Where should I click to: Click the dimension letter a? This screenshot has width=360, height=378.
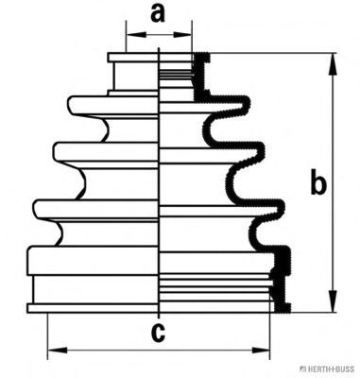pyautogui.click(x=158, y=14)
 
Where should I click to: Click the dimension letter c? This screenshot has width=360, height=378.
pyautogui.click(x=158, y=333)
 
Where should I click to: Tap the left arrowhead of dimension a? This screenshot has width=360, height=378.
pyautogui.click(x=136, y=34)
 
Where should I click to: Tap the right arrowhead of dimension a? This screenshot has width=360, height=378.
pyautogui.click(x=182, y=34)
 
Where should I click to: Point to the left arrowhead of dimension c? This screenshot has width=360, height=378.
pyautogui.click(x=58, y=350)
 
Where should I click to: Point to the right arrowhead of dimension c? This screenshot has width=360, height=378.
pyautogui.click(x=260, y=350)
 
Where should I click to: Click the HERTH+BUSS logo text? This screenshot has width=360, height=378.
pyautogui.click(x=329, y=369)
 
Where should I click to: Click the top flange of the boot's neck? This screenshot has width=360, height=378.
pyautogui.click(x=133, y=58)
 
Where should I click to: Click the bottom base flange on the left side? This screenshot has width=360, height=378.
pyautogui.click(x=93, y=308)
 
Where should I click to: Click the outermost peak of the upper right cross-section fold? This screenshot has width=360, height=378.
pyautogui.click(x=249, y=105)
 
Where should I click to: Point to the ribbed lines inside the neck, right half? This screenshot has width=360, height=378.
pyautogui.click(x=177, y=74)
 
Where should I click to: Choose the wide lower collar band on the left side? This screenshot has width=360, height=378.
pyautogui.click(x=93, y=260)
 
